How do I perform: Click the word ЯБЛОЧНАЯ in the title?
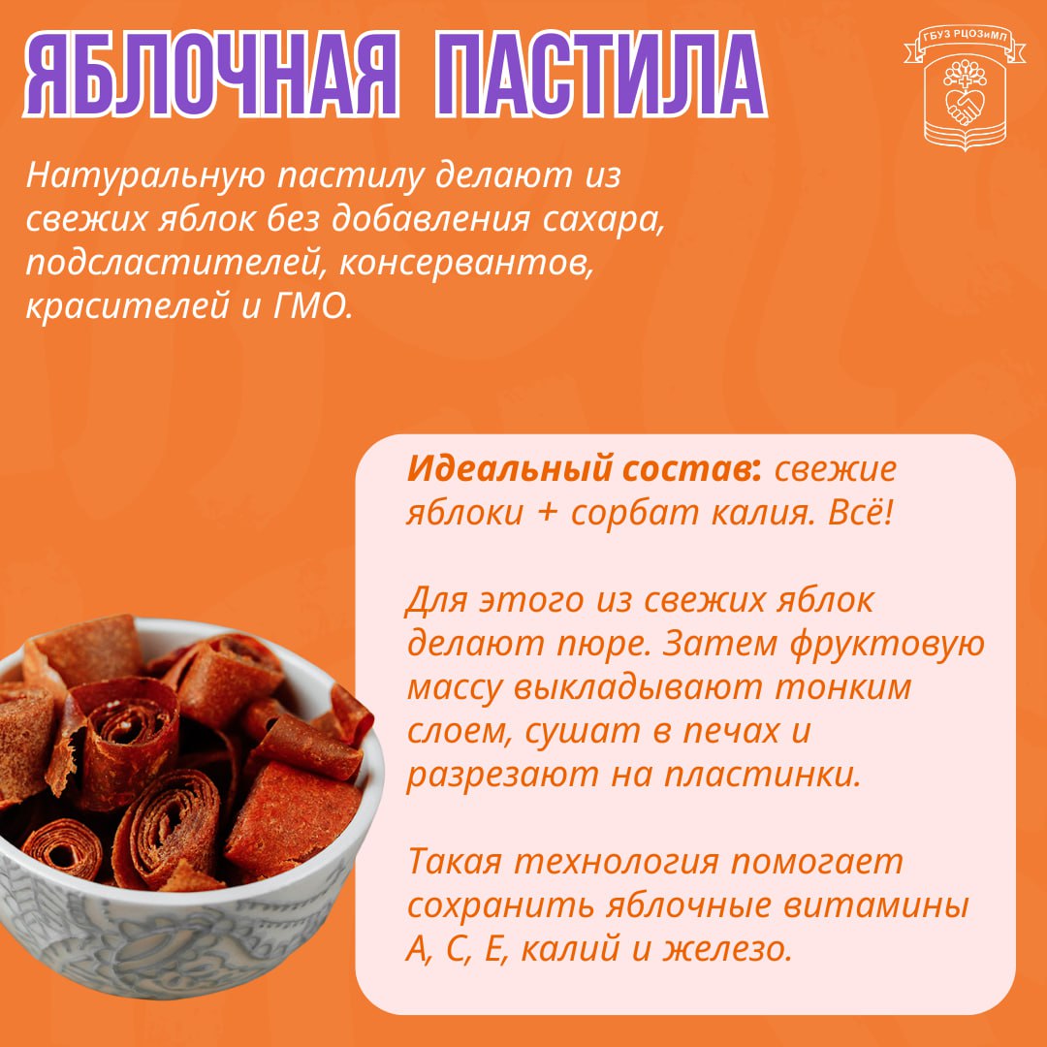point(212,75)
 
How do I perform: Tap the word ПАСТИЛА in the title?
point(600,75)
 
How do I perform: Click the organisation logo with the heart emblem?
point(965,88)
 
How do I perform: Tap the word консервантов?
point(466,263)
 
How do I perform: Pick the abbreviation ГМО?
point(313,306)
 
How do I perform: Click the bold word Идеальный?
point(511,470)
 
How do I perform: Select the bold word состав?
point(691,469)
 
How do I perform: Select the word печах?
point(731,731)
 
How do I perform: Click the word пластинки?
point(762,776)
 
